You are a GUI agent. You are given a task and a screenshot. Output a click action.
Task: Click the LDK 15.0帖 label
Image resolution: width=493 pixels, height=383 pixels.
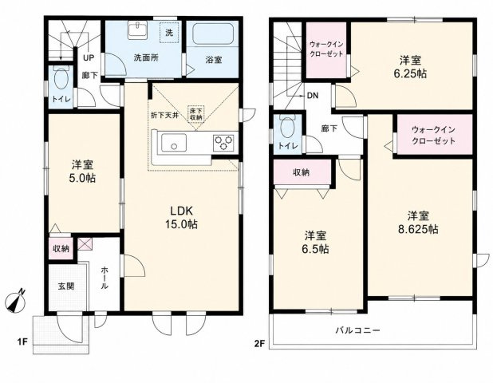(x=181, y=217)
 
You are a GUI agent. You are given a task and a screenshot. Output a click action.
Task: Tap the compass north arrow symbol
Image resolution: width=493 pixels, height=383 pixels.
(x=15, y=301)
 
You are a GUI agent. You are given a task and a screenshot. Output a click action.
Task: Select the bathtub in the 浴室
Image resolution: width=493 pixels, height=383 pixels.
(x=213, y=34)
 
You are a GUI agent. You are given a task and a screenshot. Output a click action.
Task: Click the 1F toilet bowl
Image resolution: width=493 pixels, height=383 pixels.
(x=61, y=79)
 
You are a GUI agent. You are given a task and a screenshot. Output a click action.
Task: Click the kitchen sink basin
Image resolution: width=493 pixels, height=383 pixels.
(x=174, y=143)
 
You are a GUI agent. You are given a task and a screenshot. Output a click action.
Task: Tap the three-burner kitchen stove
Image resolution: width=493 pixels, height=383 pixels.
(x=223, y=143)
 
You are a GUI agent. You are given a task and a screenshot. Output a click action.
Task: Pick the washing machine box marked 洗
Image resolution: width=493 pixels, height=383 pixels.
(x=169, y=33)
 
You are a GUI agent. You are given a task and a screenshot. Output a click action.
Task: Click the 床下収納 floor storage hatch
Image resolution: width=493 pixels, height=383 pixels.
(x=196, y=113)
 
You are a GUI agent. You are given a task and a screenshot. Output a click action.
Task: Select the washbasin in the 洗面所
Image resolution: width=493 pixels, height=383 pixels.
(x=137, y=31)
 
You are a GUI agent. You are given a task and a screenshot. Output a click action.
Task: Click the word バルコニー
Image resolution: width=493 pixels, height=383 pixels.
(x=358, y=330)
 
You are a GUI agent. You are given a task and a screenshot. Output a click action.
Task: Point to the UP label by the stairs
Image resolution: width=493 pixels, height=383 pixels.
(x=89, y=58)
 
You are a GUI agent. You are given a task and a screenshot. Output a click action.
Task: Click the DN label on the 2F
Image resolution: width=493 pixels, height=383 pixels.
(x=313, y=96)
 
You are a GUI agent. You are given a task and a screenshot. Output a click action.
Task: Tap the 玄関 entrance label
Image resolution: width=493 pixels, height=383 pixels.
(x=66, y=286)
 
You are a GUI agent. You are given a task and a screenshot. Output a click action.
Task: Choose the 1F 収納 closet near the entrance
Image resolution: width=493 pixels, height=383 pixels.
(x=61, y=248)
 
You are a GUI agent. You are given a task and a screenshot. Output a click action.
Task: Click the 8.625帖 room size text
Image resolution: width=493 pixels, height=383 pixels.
(x=418, y=230)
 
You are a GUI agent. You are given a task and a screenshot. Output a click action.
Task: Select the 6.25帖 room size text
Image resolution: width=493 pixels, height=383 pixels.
(x=410, y=73)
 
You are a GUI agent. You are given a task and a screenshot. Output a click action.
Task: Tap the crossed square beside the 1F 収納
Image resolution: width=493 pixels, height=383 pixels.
(x=85, y=243)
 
